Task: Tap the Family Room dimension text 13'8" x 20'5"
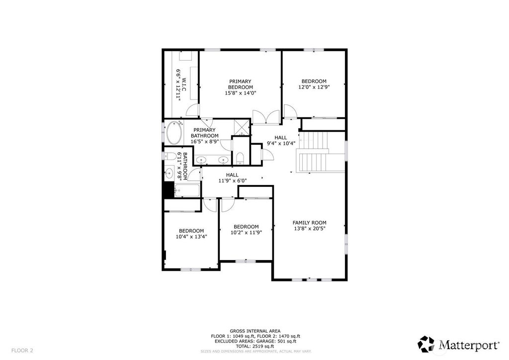(309, 228)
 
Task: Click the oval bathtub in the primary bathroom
(175, 133)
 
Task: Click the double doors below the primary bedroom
(266, 117)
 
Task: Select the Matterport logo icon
(425, 344)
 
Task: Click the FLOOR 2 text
(22, 350)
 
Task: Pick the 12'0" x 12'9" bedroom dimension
(314, 87)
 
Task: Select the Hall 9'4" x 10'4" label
(281, 140)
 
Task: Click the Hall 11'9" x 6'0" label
(232, 178)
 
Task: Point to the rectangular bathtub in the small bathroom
(187, 190)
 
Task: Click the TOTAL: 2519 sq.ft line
(255, 346)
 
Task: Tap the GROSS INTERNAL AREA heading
(255, 331)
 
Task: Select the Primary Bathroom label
(204, 136)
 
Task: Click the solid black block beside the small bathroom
(169, 189)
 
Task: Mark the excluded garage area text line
(255, 341)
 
